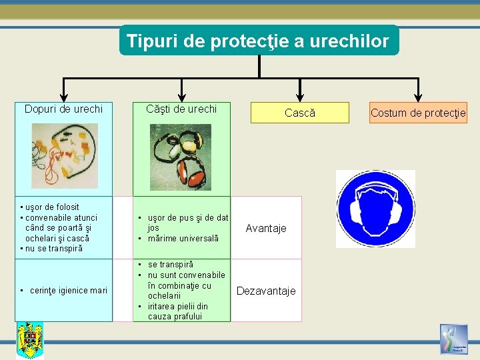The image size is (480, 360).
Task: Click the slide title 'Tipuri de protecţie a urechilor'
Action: click(258, 41)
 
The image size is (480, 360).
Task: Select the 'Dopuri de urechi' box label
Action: click(63, 109)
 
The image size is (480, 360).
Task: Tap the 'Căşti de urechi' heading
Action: click(182, 109)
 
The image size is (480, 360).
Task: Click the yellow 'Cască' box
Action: click(299, 113)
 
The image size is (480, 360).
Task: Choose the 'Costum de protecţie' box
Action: click(418, 113)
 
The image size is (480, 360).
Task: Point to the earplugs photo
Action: click(65, 155)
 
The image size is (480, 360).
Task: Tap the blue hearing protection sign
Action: click(375, 209)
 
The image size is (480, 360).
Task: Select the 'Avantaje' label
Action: click(266, 228)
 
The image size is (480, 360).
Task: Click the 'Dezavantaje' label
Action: click(266, 291)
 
